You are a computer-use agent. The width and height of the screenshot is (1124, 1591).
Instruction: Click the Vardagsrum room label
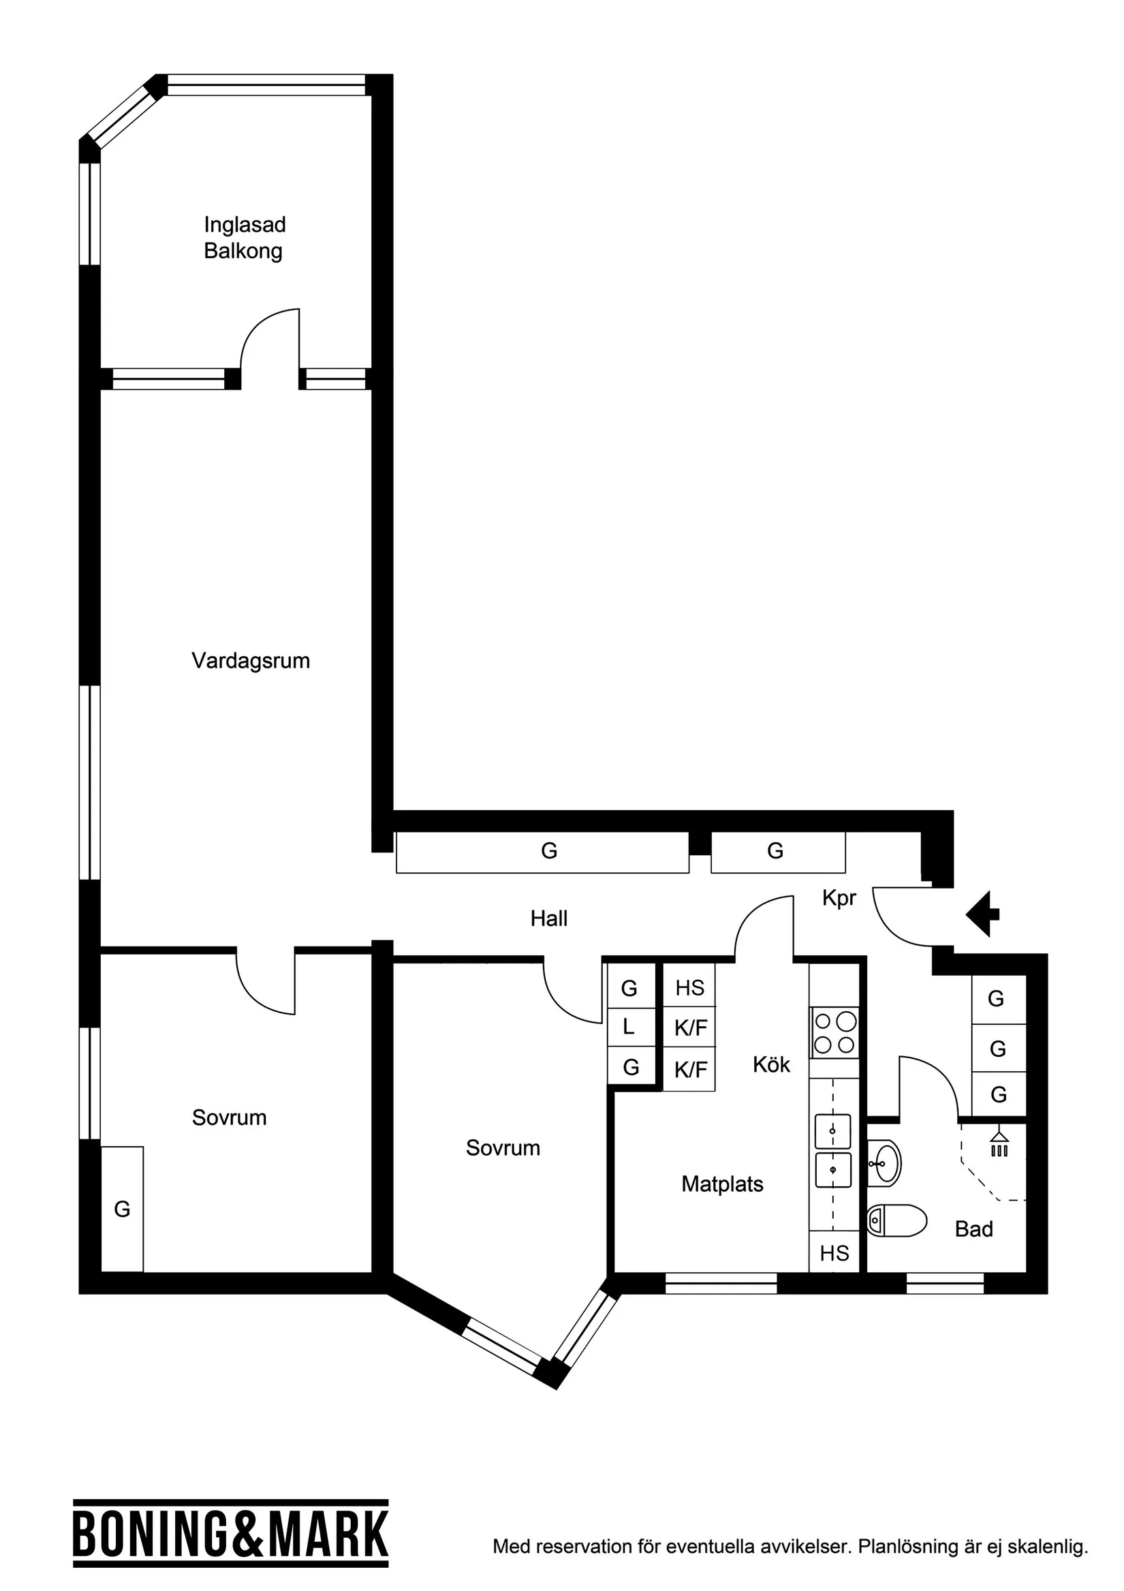[250, 661]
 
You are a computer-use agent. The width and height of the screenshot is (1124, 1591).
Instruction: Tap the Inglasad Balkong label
[244, 238]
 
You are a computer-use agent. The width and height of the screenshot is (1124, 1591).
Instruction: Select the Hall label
[549, 919]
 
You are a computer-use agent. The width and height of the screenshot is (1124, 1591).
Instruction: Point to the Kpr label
[839, 899]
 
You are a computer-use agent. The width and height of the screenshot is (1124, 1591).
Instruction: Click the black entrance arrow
[982, 914]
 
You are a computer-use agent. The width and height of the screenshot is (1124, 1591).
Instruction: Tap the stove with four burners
[835, 1032]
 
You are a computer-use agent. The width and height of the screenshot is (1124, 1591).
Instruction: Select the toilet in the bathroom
[896, 1220]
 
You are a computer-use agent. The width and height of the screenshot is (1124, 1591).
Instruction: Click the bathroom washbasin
[884, 1164]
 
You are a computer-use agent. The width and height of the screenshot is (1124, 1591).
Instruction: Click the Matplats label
[722, 1184]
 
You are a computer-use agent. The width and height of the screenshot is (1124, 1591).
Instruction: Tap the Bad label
[973, 1229]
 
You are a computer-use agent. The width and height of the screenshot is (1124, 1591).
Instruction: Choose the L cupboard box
[631, 1027]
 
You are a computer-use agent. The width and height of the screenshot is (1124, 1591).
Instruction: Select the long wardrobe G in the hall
[543, 852]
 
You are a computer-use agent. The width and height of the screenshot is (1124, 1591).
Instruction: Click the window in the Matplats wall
[721, 1284]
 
